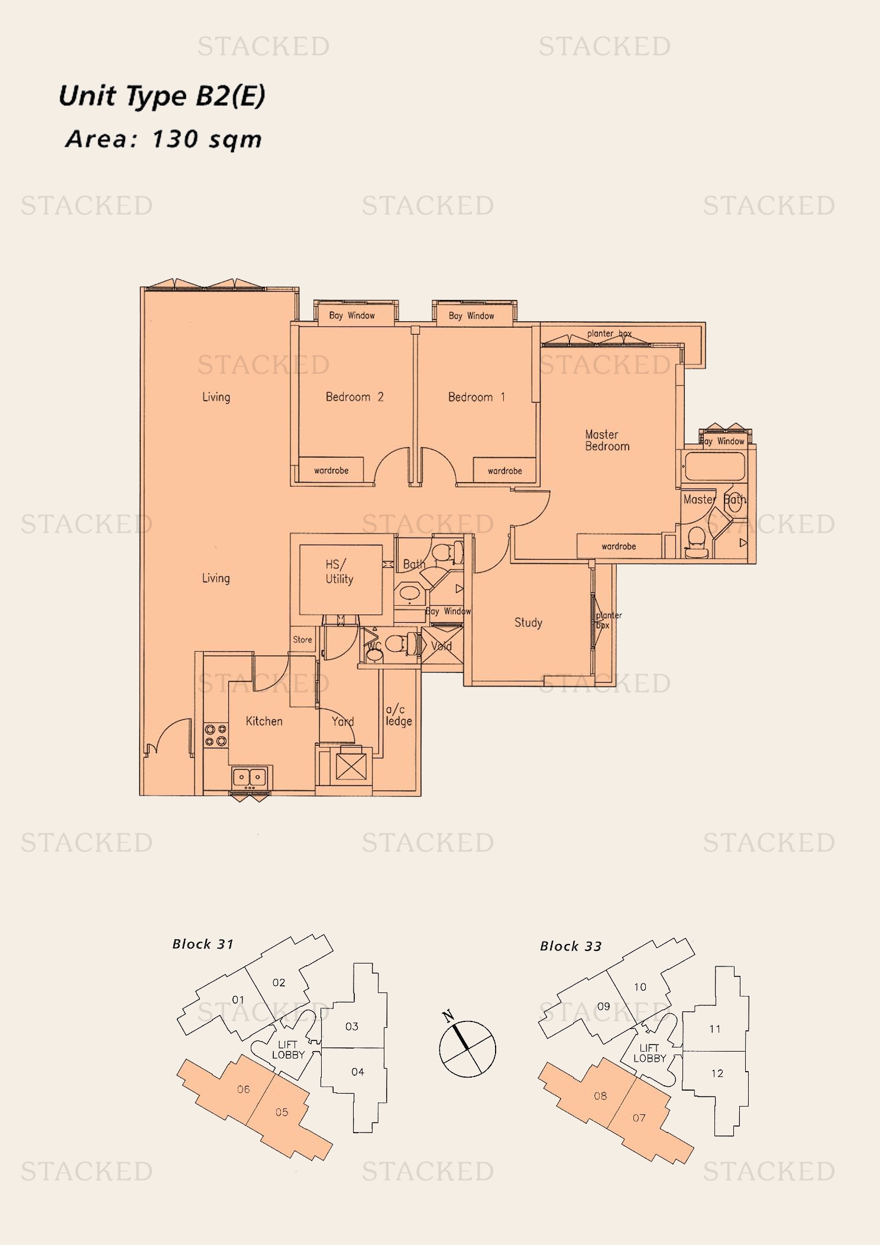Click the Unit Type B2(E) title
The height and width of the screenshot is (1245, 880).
pyautogui.click(x=161, y=96)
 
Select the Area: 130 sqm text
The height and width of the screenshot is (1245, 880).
pyautogui.click(x=163, y=140)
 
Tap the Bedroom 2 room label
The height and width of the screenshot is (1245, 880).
pyautogui.click(x=354, y=397)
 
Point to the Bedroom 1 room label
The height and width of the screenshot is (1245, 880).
pyautogui.click(x=476, y=397)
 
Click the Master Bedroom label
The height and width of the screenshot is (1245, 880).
pyautogui.click(x=607, y=441)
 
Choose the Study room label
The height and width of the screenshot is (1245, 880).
pyautogui.click(x=528, y=622)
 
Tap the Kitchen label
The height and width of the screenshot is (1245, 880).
pyautogui.click(x=264, y=721)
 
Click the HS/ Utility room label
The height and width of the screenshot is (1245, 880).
pyautogui.click(x=339, y=572)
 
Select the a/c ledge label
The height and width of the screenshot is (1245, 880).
pyautogui.click(x=399, y=715)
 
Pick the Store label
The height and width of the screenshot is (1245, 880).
pyautogui.click(x=302, y=639)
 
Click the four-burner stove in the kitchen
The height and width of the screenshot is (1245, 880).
pyautogui.click(x=216, y=735)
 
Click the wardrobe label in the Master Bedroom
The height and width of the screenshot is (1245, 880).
pyautogui.click(x=619, y=546)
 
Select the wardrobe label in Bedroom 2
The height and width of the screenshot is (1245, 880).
pyautogui.click(x=331, y=471)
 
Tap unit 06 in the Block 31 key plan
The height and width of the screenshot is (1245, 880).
pyautogui.click(x=243, y=1089)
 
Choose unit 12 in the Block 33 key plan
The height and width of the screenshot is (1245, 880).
pyautogui.click(x=717, y=1073)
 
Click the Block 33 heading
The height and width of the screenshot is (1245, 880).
pyautogui.click(x=570, y=946)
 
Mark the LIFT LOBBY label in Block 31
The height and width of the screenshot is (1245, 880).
pyautogui.click(x=288, y=1050)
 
